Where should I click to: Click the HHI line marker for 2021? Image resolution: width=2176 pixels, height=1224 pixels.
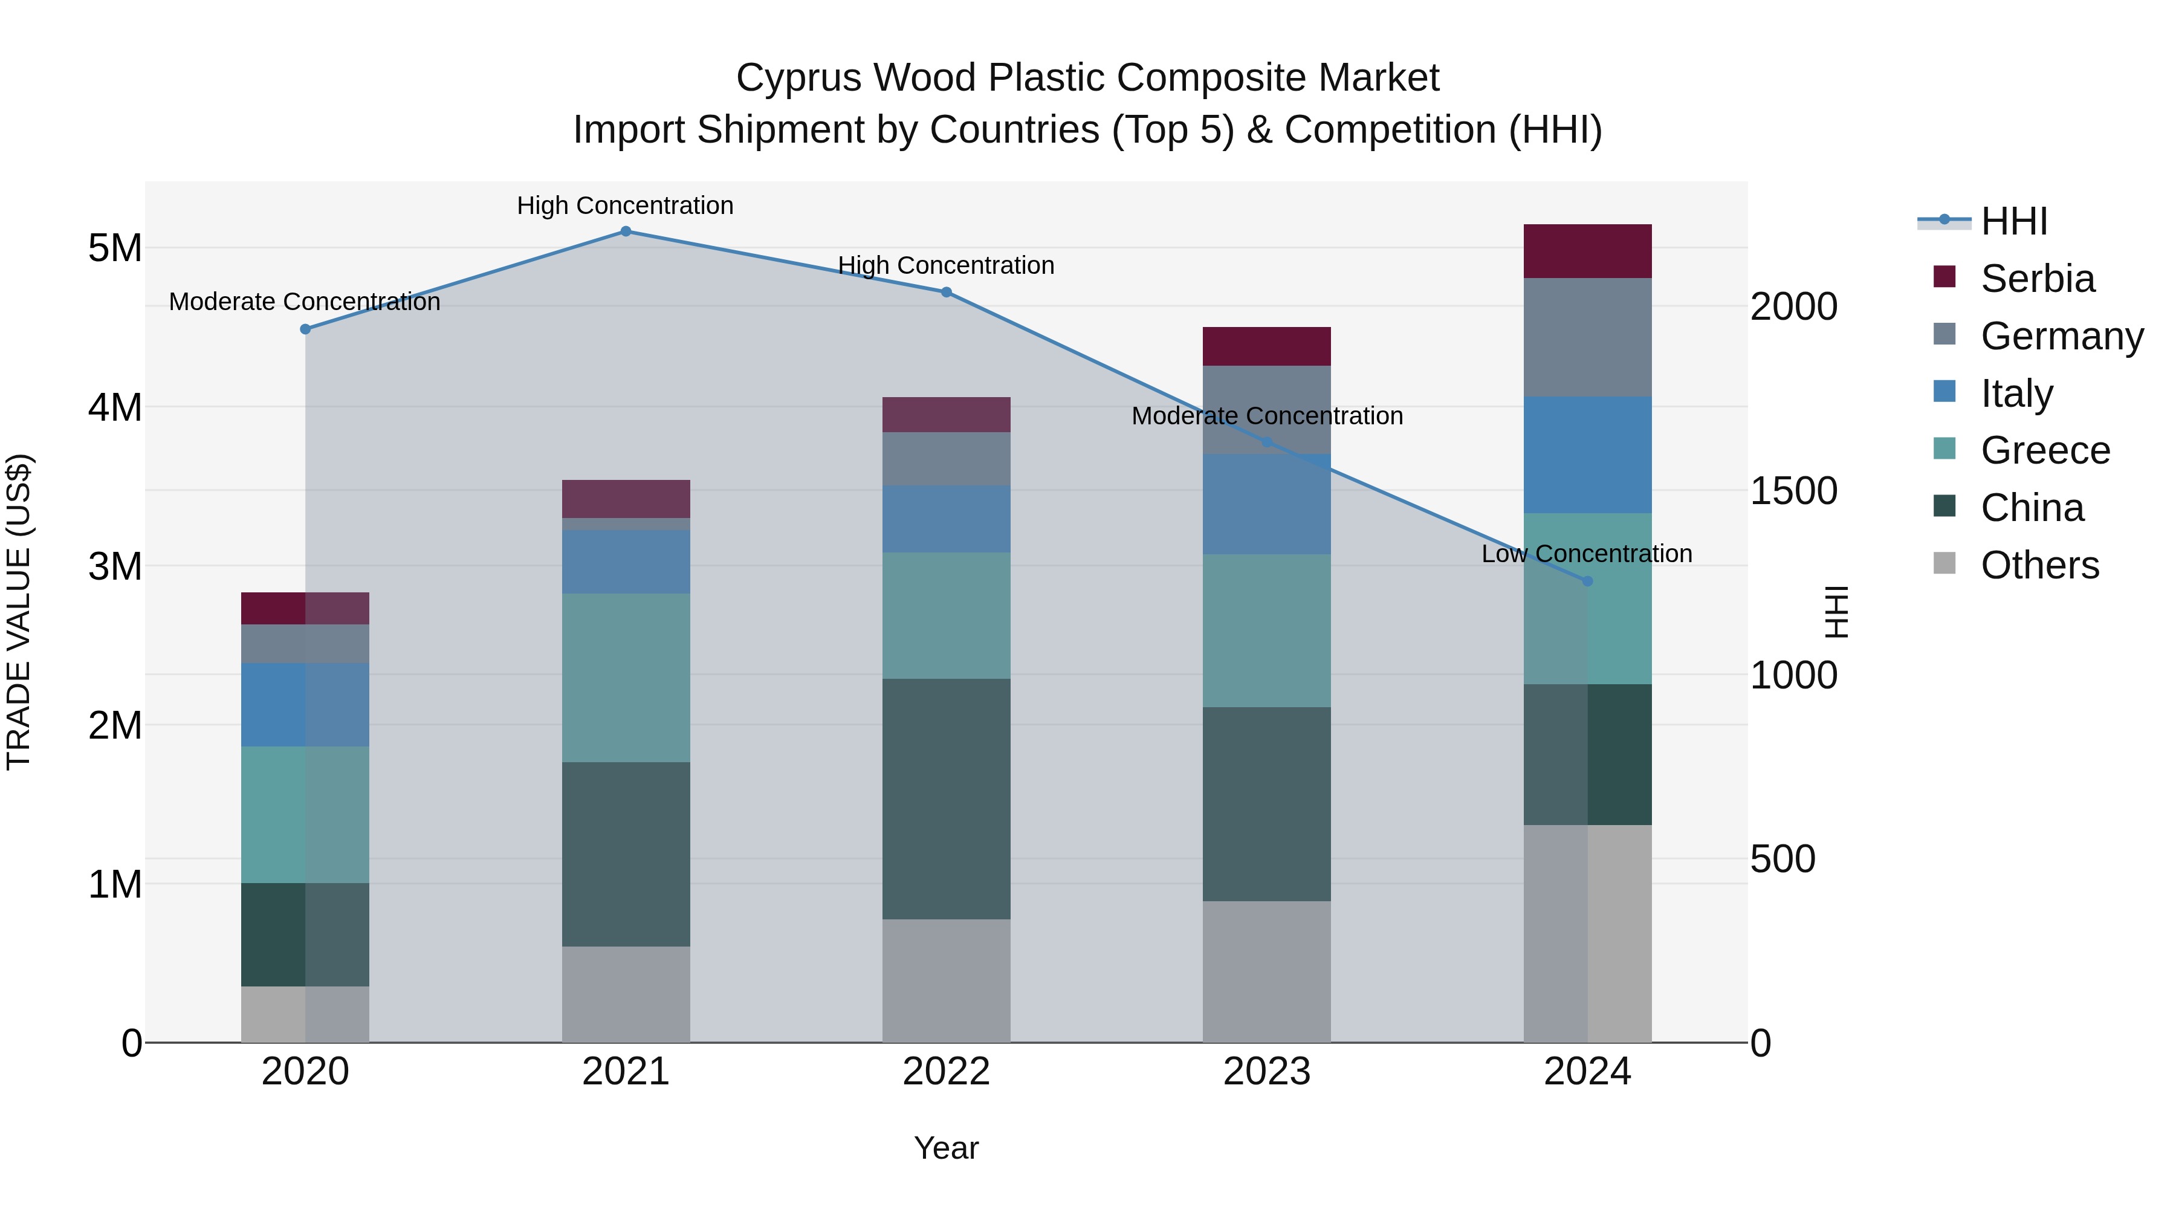626,232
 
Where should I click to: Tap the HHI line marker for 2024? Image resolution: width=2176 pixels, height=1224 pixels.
1587,581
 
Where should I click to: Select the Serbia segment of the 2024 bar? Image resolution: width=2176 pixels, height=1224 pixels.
1587,251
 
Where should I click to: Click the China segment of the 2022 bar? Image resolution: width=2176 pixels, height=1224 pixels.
946,799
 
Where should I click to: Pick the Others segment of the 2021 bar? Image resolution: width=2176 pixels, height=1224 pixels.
626,994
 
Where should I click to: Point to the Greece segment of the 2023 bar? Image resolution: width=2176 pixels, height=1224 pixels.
1266,631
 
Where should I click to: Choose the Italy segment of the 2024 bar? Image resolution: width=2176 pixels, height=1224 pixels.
1587,455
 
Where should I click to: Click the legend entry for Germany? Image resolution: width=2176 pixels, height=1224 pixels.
2061,336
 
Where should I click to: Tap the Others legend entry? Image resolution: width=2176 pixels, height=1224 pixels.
2039,565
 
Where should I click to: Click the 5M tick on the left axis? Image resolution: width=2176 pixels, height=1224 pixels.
115,248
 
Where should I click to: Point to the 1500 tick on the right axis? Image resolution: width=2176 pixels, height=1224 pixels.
1793,491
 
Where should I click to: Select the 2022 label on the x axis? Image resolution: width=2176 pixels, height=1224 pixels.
946,1072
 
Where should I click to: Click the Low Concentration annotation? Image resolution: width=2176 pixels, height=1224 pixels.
1587,554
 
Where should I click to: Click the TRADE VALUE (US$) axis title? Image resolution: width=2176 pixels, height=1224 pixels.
19,612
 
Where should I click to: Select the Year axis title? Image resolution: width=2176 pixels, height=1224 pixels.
946,1148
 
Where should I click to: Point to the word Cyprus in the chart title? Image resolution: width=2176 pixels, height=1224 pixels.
797,78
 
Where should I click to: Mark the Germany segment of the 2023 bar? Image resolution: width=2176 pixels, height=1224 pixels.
1266,410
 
